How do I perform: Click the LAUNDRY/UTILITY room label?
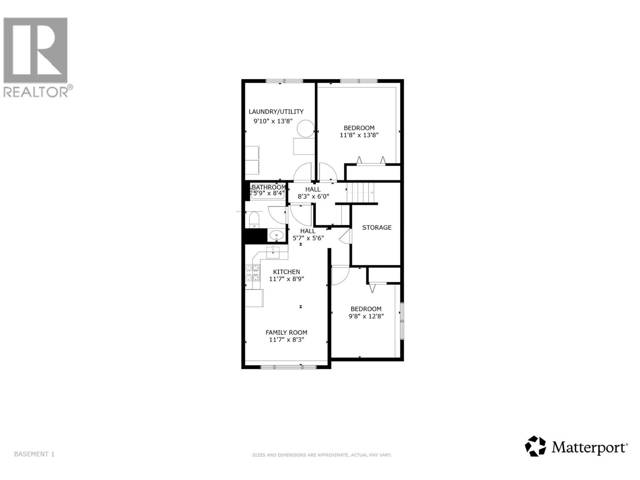[x=276, y=112]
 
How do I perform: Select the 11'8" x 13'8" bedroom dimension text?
[x=359, y=135]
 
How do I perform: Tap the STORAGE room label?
[x=376, y=228]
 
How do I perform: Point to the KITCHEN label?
[x=286, y=272]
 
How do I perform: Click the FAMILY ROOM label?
[x=286, y=332]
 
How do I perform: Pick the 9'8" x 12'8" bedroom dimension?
[x=366, y=316]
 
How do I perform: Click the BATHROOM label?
[x=268, y=187]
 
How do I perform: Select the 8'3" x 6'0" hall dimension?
[x=313, y=196]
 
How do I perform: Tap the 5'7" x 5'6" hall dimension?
[x=308, y=238]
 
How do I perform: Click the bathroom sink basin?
[x=275, y=235]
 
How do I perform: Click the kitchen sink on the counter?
[x=274, y=252]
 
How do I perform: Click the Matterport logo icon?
[x=535, y=446]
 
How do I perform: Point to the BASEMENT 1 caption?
[x=34, y=454]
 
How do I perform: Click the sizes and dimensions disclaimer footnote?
[x=322, y=455]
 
